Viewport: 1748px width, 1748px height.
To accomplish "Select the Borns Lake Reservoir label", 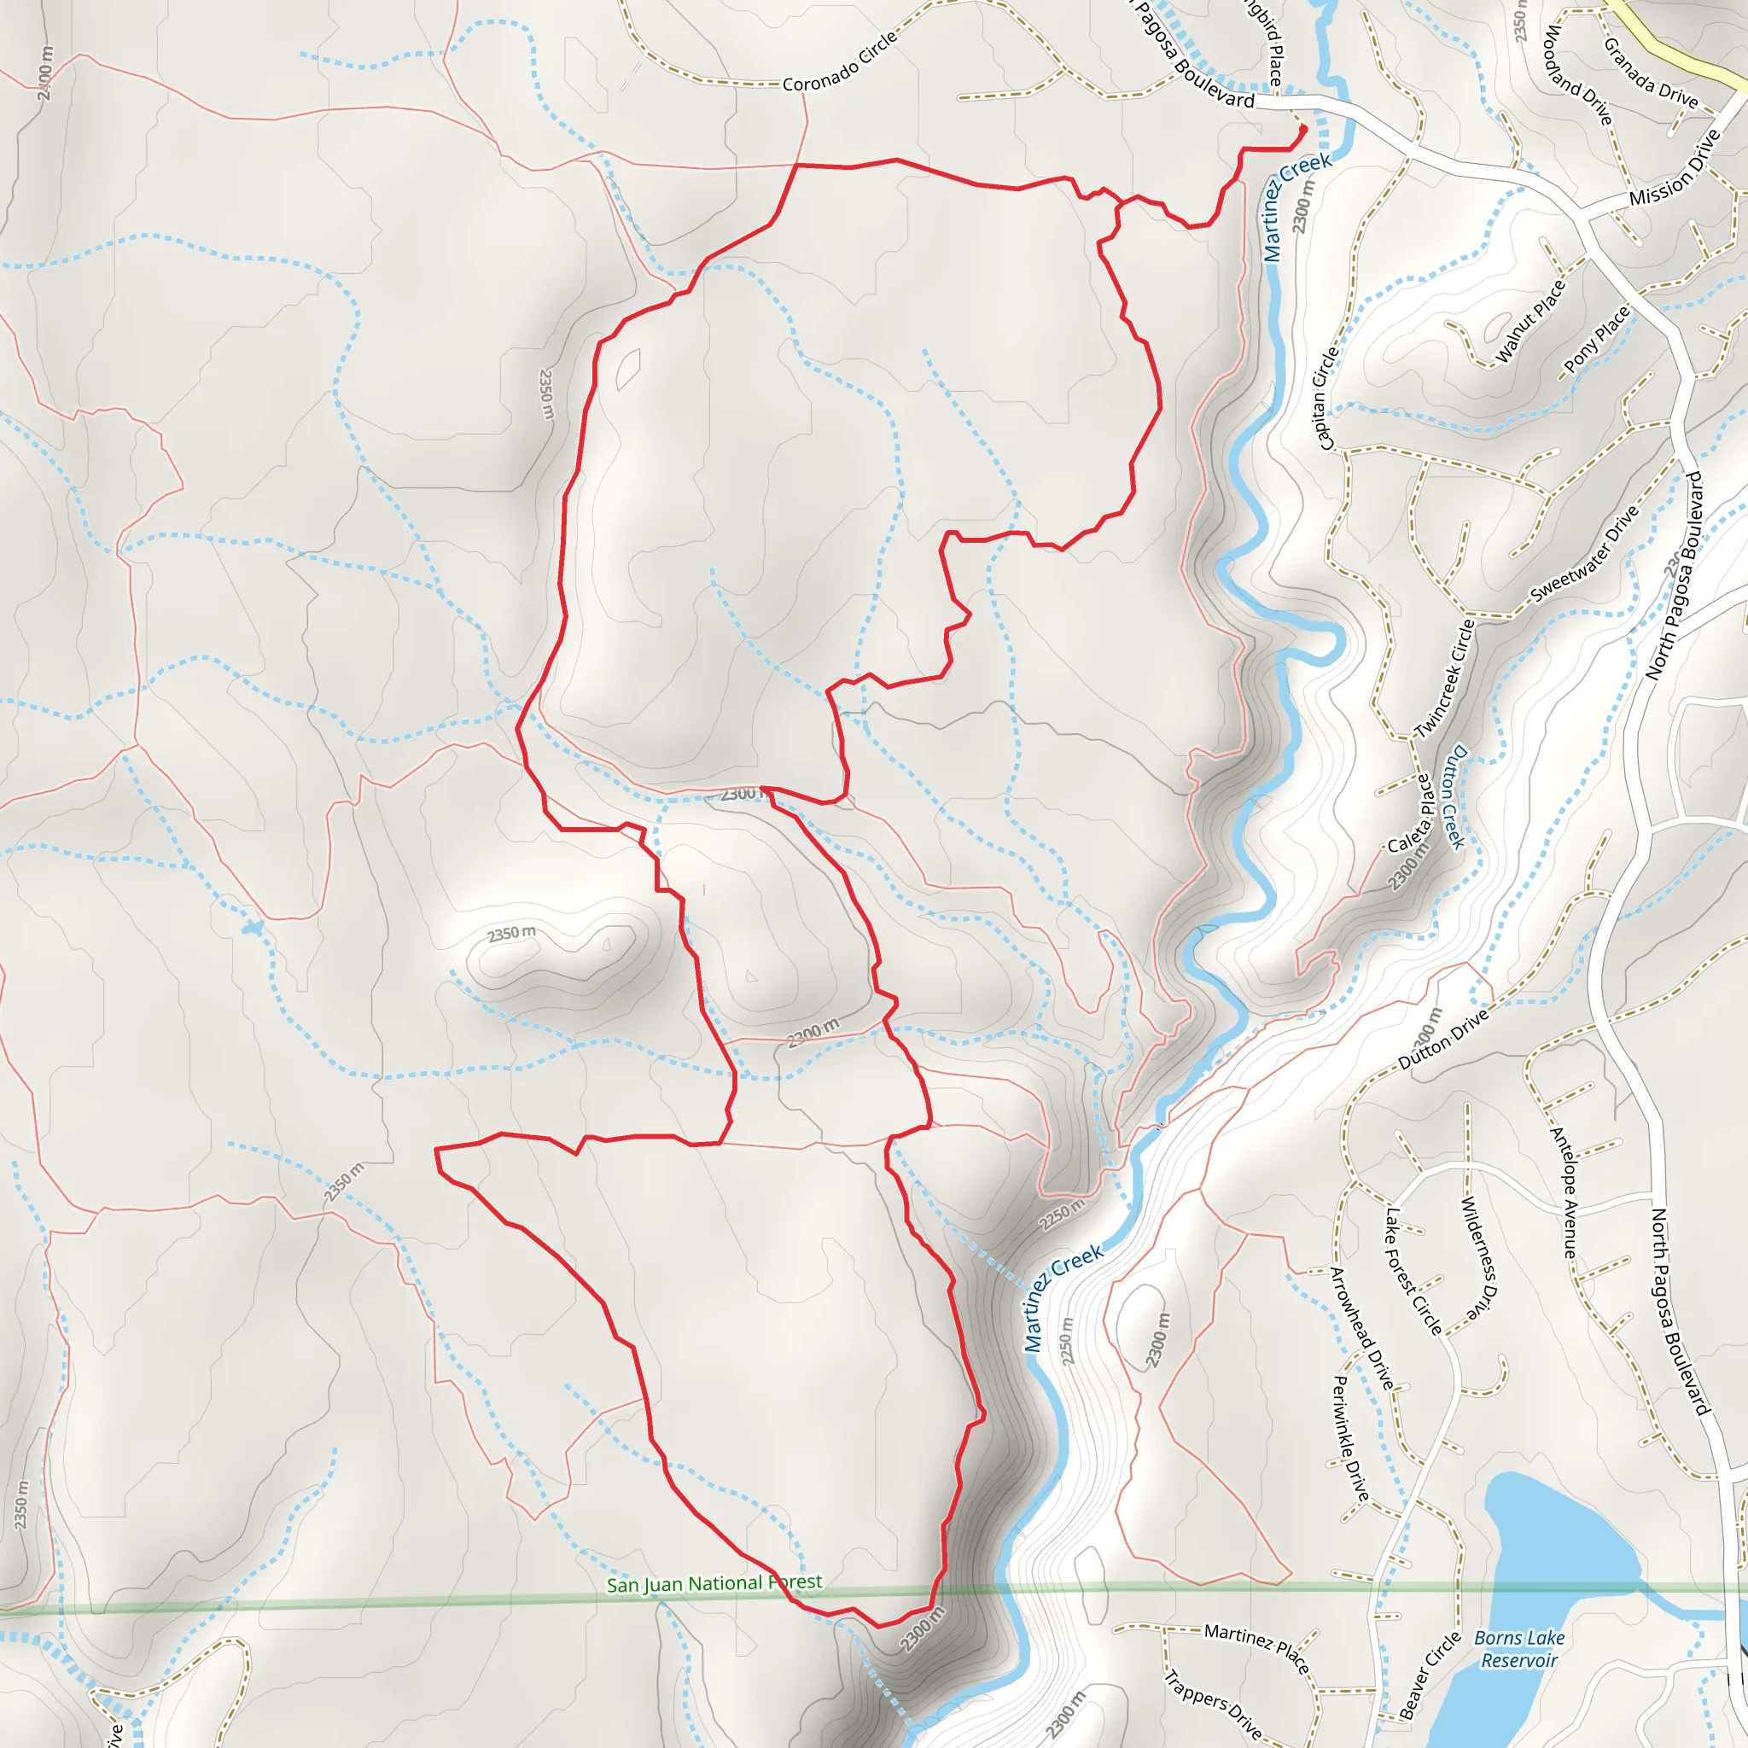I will point(1519,1648).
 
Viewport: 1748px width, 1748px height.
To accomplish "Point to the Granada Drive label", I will point(1651,73).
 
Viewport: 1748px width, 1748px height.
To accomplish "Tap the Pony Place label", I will point(1597,340).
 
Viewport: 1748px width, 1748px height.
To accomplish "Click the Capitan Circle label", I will point(1327,397).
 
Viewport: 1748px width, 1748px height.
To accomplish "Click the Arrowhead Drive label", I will point(1361,1327).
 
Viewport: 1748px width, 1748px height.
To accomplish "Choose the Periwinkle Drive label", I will point(1350,1437).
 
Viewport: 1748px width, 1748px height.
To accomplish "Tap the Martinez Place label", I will point(1256,1647).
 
